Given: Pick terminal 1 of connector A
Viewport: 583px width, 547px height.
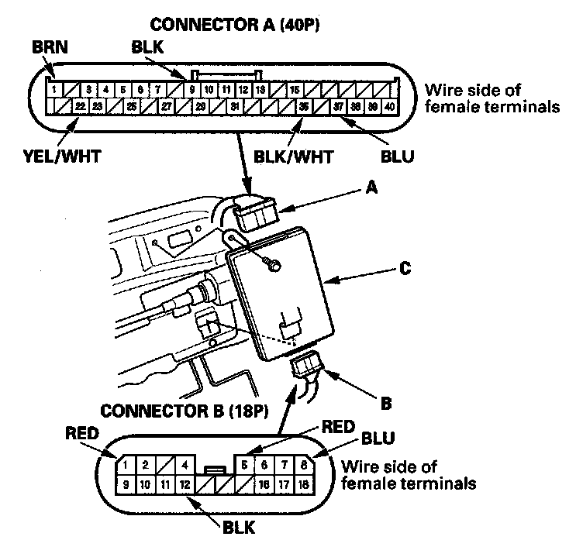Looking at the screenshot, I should (x=53, y=89).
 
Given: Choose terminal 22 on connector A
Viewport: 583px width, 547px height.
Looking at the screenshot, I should (x=80, y=106).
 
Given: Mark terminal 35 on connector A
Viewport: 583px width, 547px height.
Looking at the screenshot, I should (x=305, y=106).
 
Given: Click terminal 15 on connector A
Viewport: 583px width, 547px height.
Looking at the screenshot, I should (x=295, y=89).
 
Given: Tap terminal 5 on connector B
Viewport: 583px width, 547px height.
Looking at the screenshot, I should (x=246, y=466).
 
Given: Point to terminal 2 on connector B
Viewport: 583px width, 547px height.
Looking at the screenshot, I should (x=144, y=466).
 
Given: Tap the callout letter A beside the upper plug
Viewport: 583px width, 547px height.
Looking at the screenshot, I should (x=371, y=187).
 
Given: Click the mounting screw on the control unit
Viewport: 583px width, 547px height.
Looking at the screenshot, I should (x=272, y=266).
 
